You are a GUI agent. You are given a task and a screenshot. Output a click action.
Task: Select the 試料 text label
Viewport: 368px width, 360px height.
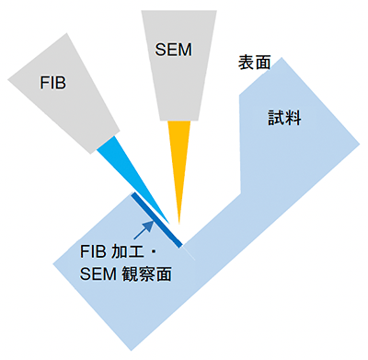pyautogui.click(x=284, y=118)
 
